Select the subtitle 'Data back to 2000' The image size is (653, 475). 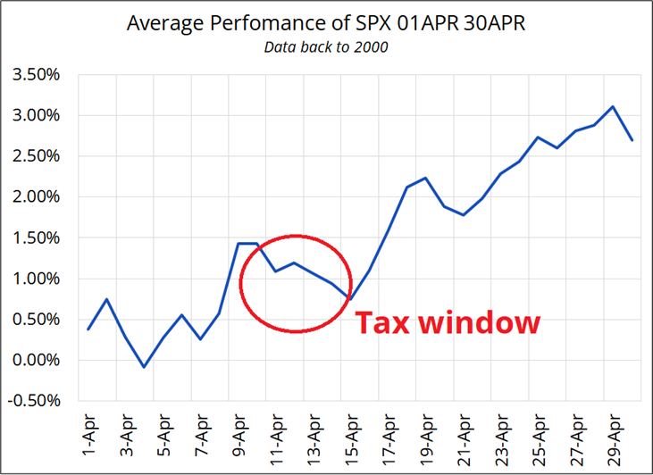click(x=326, y=46)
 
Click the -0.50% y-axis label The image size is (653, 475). click(x=32, y=401)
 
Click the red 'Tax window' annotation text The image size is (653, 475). click(x=448, y=321)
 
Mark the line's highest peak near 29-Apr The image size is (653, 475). click(x=612, y=107)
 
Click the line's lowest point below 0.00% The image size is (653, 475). click(x=145, y=367)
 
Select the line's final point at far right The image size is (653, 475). click(x=632, y=140)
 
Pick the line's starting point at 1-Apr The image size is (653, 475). click(x=88, y=329)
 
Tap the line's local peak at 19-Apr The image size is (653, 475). click(x=426, y=178)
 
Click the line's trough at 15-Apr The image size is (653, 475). click(x=350, y=298)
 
